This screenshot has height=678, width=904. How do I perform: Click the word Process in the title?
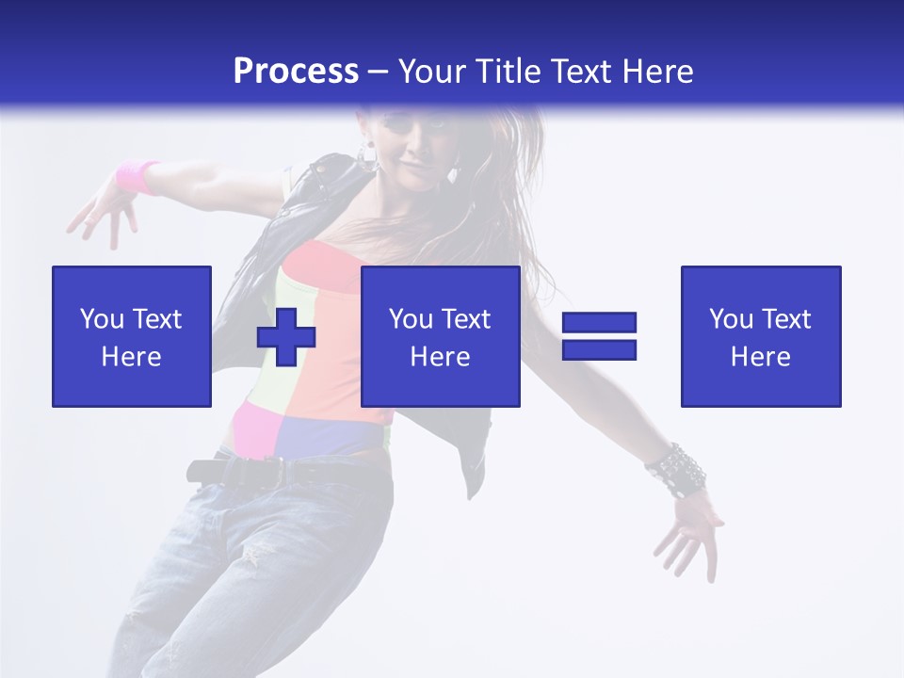pos(296,72)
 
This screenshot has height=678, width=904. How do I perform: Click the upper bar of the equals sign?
pos(599,322)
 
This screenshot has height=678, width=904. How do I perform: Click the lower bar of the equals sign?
pos(599,349)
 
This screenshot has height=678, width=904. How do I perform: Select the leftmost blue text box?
pos(132,336)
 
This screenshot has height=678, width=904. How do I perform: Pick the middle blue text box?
pos(440,336)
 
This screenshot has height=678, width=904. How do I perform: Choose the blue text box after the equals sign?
pos(760,336)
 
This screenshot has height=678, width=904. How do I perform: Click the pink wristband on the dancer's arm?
pos(137,177)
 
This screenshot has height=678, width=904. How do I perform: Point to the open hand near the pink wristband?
pos(99,211)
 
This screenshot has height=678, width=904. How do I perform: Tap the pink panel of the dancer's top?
pos(252,426)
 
